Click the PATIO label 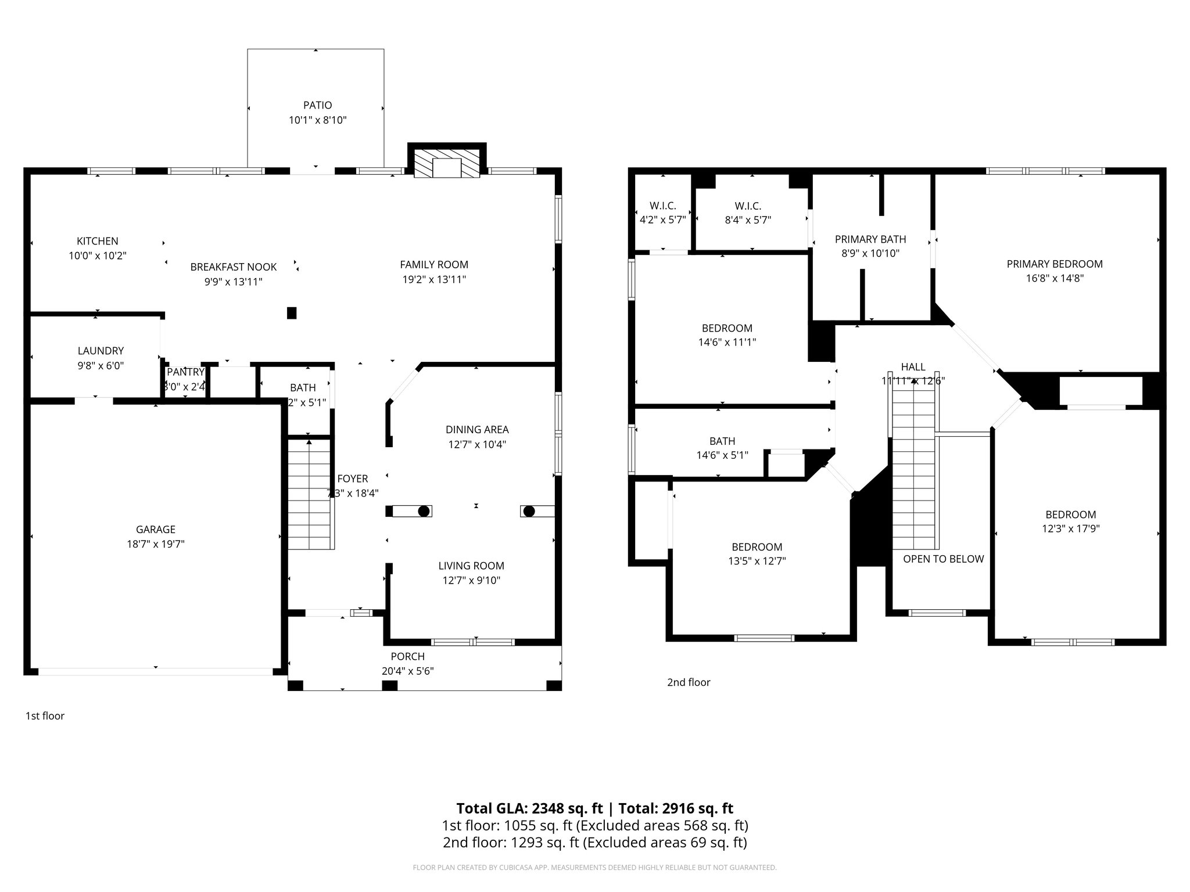tap(317, 105)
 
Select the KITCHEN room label tap(98, 241)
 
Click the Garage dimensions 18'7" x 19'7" tap(156, 544)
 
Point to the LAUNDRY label tap(101, 351)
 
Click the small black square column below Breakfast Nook tap(292, 313)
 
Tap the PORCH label tap(407, 656)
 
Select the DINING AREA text tap(477, 430)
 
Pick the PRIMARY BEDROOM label tap(1055, 264)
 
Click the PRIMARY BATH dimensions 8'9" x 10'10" tap(870, 253)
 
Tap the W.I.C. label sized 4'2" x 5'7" tap(662, 206)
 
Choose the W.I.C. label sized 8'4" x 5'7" tap(748, 206)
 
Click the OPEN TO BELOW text tap(943, 559)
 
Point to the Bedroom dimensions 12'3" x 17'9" tap(1071, 528)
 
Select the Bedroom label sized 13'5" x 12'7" tap(757, 547)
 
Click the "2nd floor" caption tap(689, 682)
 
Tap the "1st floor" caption tap(45, 716)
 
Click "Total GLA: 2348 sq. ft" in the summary tap(529, 808)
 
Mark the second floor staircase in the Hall tap(915, 470)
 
